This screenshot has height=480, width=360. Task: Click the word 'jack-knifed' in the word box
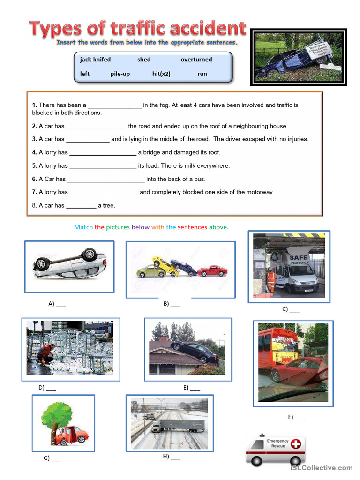[x=95, y=60]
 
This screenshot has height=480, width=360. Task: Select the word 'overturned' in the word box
[x=196, y=60]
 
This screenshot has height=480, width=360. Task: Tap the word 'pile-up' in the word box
[x=120, y=74]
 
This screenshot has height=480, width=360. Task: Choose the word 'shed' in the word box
[x=144, y=60]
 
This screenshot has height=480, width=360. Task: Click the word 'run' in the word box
[x=202, y=74]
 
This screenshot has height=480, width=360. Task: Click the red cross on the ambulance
[x=296, y=443]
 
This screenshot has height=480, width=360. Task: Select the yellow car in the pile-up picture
[x=159, y=265]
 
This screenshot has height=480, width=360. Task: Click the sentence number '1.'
[x=34, y=105]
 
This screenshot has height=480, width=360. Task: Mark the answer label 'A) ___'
[x=57, y=304]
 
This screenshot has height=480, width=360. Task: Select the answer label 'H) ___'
[x=171, y=457]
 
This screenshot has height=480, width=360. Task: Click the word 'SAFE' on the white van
[x=298, y=257]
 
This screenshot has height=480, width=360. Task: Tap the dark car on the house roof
[x=190, y=349]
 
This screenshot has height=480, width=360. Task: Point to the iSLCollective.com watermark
[x=321, y=467]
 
